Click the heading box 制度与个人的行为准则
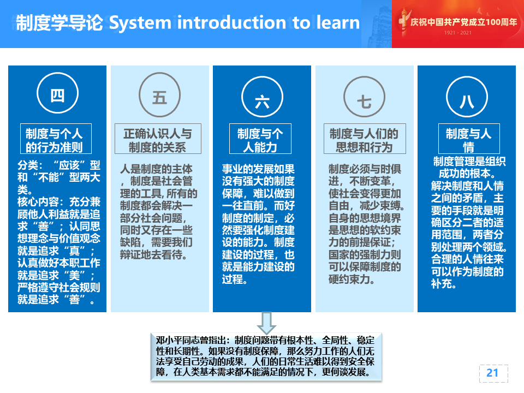pos(56,139)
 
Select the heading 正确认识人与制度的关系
pos(158,139)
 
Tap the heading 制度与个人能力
pos(260,139)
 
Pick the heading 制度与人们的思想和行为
pos(365,139)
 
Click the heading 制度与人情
pos(469,139)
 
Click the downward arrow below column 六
pos(266,323)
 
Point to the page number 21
pos(492,373)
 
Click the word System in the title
pos(140,23)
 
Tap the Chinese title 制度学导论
pos(59,23)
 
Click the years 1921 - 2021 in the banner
pos(457,33)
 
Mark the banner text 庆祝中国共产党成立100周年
pos(463,22)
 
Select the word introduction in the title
pos(231,22)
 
